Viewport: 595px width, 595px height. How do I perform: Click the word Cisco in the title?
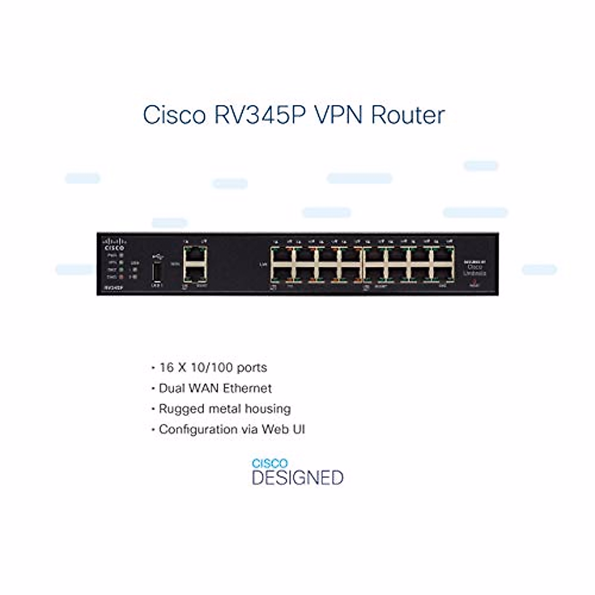pos(174,115)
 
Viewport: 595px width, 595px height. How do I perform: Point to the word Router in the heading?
pos(408,115)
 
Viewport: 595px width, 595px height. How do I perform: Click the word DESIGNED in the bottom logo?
pos(297,478)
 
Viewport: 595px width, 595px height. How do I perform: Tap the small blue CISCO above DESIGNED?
pos(269,464)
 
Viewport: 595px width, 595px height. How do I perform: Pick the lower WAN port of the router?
pos(194,273)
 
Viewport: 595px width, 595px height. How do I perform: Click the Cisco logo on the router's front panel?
pos(114,244)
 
